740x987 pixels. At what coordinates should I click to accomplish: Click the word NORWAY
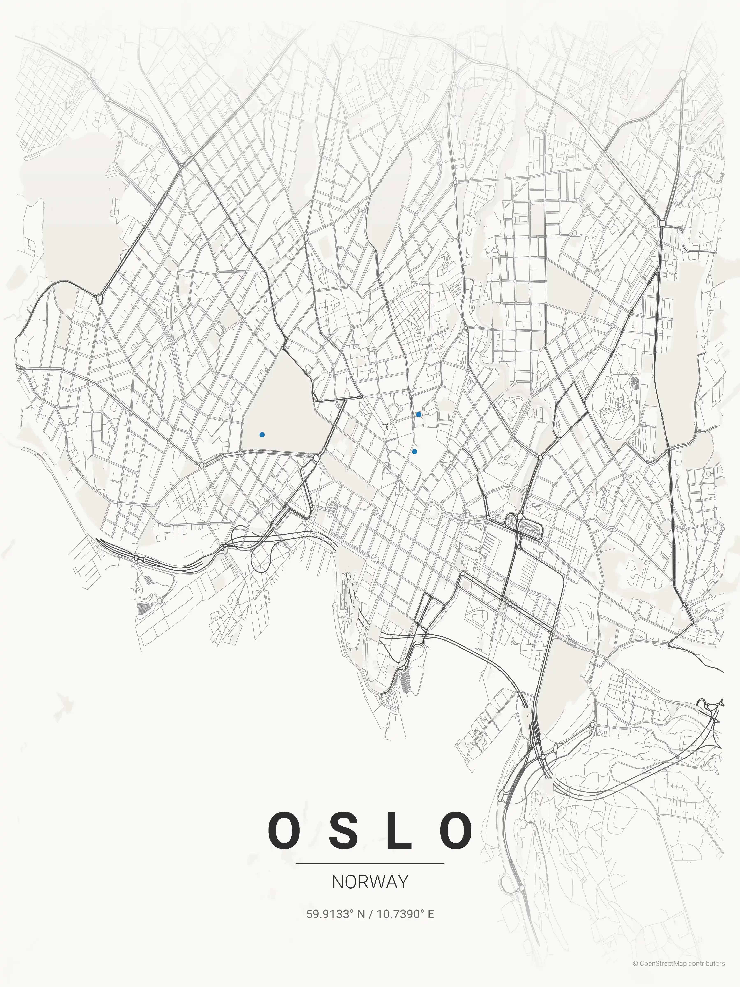pyautogui.click(x=370, y=882)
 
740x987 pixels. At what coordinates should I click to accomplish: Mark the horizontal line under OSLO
pyautogui.click(x=370, y=863)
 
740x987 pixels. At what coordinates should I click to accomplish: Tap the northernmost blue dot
pyautogui.click(x=418, y=415)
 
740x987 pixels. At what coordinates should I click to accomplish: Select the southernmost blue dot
pyautogui.click(x=414, y=452)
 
